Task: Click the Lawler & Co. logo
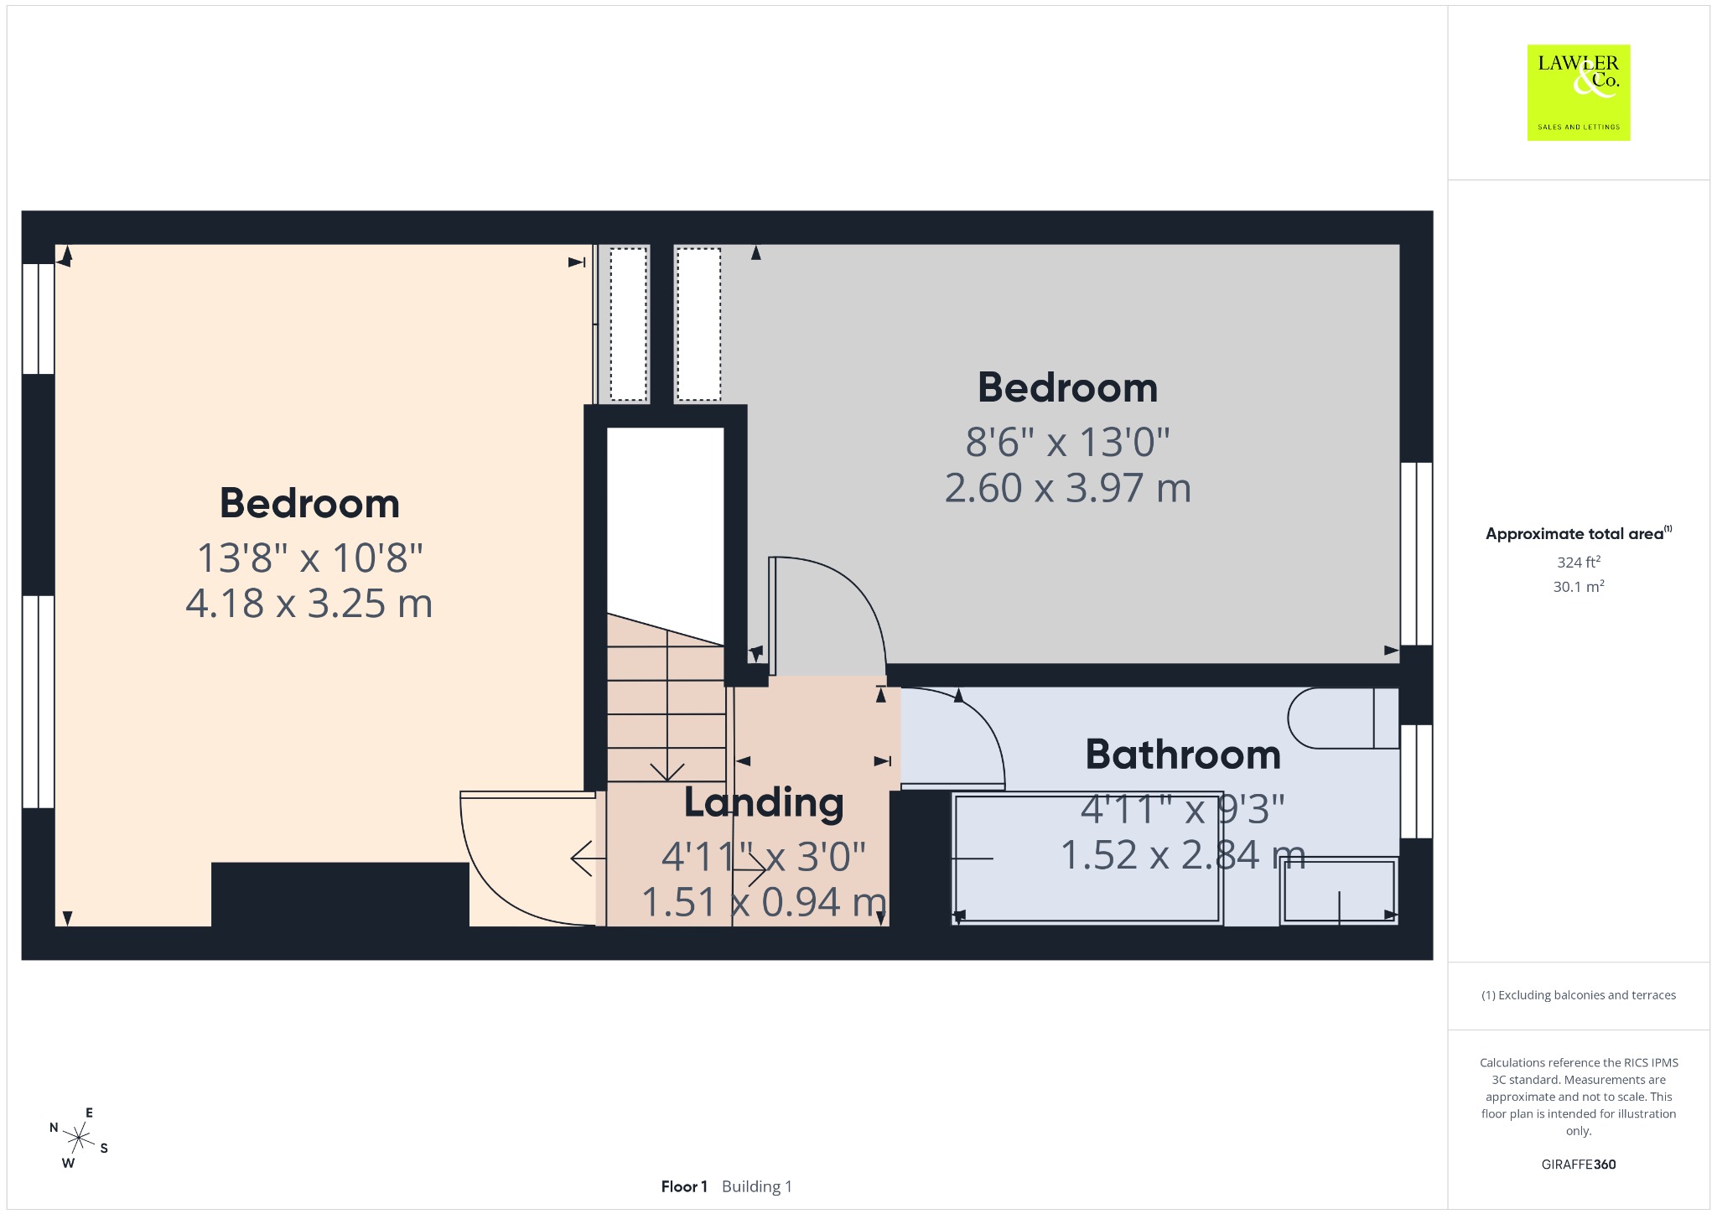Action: tap(1578, 92)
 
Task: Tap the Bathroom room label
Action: tap(1183, 755)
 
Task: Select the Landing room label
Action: tap(764, 802)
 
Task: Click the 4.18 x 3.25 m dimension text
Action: tap(309, 603)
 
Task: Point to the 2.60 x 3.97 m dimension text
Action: tap(1067, 487)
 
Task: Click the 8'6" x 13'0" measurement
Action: tap(1067, 441)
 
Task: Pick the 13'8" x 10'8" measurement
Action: tap(309, 557)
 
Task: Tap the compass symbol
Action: tap(79, 1138)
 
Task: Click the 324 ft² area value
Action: tap(1579, 562)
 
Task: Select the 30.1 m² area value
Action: tap(1579, 586)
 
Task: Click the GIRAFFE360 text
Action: tap(1579, 1164)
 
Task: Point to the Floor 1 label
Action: tap(684, 1186)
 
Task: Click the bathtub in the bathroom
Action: tap(1087, 858)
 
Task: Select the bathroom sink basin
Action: tap(1339, 891)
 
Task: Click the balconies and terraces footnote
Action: tap(1579, 995)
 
